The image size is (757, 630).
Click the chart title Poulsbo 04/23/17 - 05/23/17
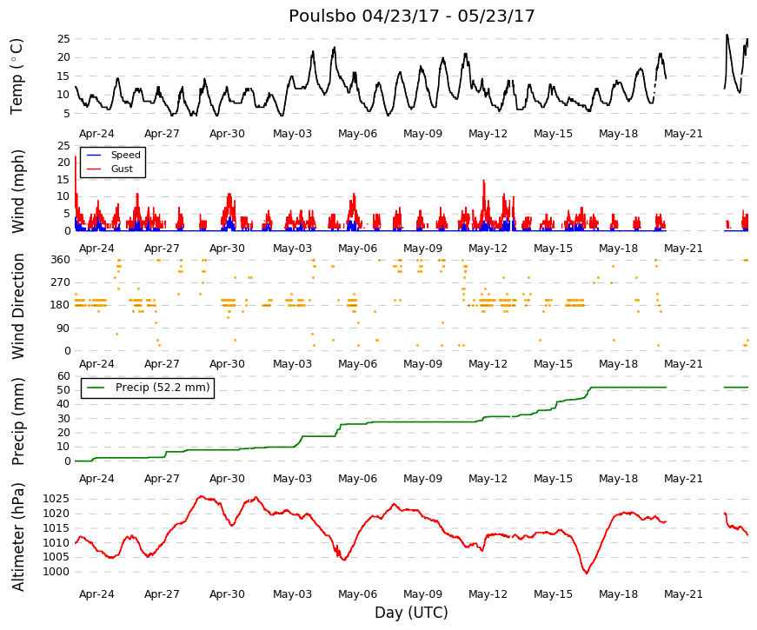(x=411, y=16)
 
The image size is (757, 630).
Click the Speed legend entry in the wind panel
(x=125, y=155)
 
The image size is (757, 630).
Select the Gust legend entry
(x=122, y=169)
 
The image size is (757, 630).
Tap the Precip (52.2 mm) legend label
(x=163, y=388)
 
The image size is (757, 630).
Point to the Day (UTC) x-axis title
(x=411, y=612)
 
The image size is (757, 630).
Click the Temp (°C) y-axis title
(x=17, y=76)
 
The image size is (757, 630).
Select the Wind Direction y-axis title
(x=18, y=307)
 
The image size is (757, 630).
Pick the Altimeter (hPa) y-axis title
(x=18, y=537)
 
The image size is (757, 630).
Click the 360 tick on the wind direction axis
(x=61, y=260)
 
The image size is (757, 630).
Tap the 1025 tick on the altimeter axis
(x=56, y=499)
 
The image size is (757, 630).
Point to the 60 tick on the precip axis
(x=64, y=376)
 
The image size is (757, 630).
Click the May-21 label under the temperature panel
(x=683, y=134)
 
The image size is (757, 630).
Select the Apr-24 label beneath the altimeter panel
(x=96, y=594)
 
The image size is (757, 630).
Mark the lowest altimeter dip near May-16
(x=587, y=573)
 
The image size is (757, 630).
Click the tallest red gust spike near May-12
(x=484, y=181)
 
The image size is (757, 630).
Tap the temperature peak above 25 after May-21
(x=727, y=36)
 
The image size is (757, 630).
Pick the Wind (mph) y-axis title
(x=18, y=192)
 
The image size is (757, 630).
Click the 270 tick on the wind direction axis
(x=61, y=282)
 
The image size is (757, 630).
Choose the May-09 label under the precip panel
(x=422, y=479)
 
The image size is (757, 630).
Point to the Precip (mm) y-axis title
(x=18, y=421)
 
